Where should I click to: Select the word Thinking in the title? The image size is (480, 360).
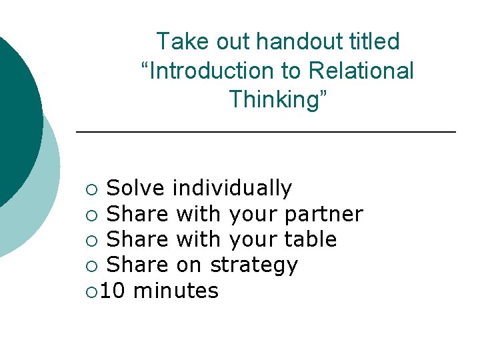tap(278, 99)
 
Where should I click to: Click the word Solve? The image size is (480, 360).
tap(135, 189)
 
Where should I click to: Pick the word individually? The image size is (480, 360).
tap(232, 189)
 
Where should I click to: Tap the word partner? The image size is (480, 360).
tap(323, 215)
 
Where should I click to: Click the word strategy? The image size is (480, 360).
tap(254, 266)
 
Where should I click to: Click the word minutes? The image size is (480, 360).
tap(176, 291)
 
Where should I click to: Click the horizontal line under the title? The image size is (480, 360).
tap(266, 133)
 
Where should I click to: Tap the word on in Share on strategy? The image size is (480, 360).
tap(189, 266)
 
